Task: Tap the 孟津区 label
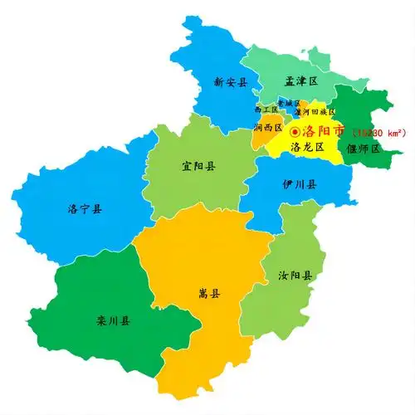click(301, 81)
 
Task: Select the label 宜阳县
click(198, 166)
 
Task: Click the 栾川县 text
click(113, 320)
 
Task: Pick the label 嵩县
click(209, 293)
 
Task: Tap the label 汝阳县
click(295, 276)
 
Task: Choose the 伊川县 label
click(299, 183)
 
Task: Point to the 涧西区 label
click(268, 128)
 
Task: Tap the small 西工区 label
click(266, 109)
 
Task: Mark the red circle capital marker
click(295, 131)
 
